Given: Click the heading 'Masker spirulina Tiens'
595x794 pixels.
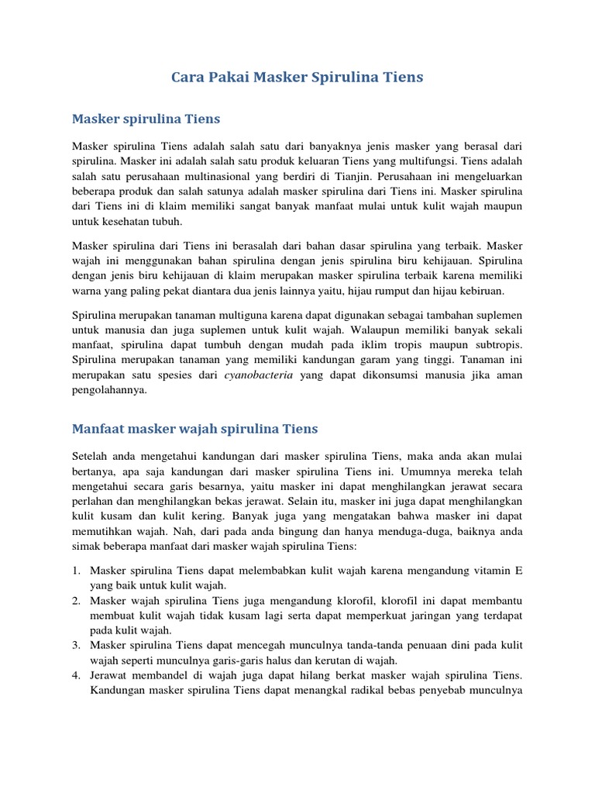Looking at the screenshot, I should tap(146, 119).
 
